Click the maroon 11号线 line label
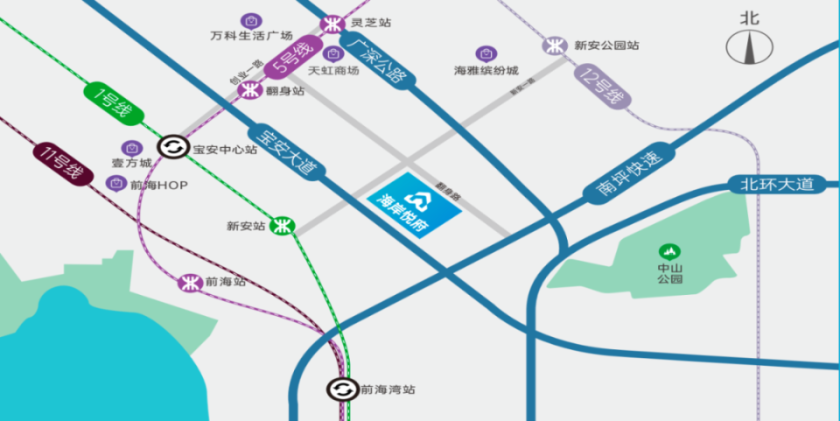click(x=63, y=165)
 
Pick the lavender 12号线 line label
click(x=603, y=88)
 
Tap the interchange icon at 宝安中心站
click(x=171, y=148)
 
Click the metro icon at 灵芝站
click(x=331, y=24)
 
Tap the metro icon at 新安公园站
click(x=554, y=46)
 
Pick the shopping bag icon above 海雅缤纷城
click(x=484, y=53)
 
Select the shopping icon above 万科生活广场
click(x=251, y=20)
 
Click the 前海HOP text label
click(x=158, y=183)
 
